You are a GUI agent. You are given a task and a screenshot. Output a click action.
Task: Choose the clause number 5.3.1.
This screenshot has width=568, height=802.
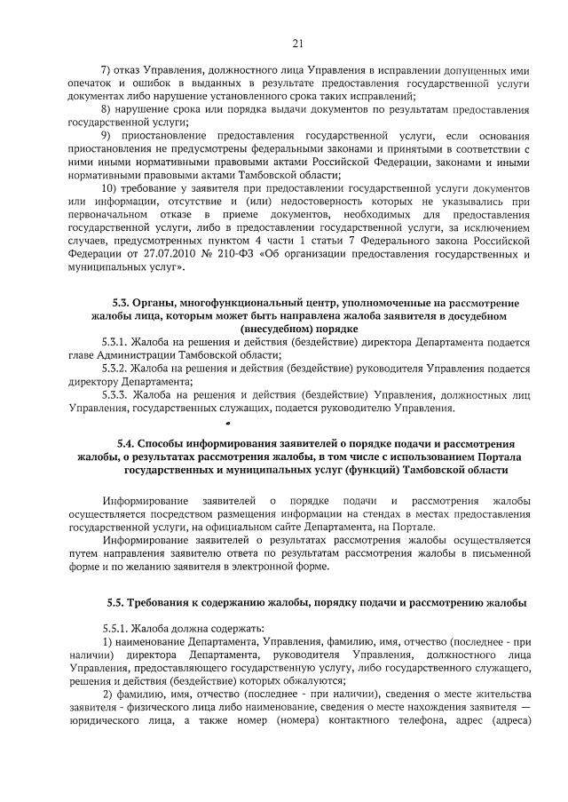(115, 342)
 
